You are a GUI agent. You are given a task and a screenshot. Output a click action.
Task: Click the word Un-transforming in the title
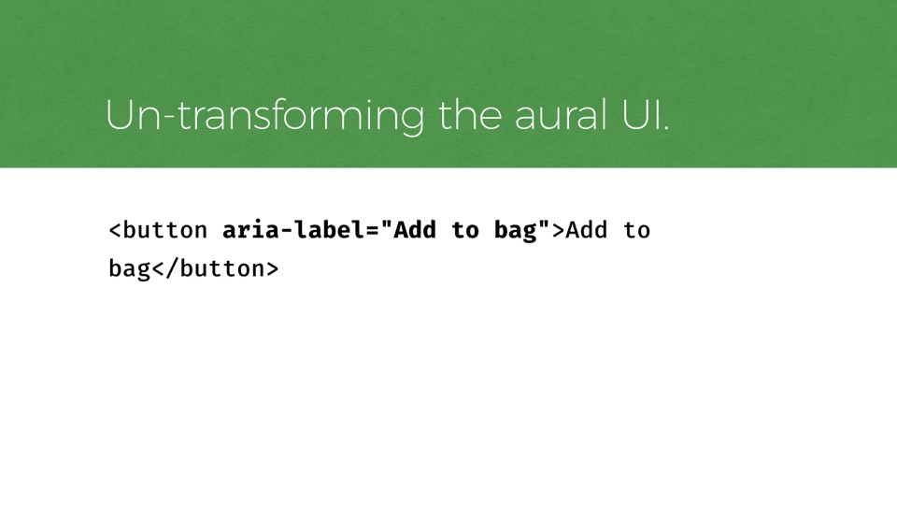point(264,116)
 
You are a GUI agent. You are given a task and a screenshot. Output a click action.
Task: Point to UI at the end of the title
point(641,115)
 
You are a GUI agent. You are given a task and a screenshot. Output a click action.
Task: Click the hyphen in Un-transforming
point(166,119)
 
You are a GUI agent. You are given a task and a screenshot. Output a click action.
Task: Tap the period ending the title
point(665,128)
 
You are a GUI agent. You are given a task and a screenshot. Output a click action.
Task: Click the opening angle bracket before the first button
point(115,231)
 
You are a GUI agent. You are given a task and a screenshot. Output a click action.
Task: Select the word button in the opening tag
point(164,230)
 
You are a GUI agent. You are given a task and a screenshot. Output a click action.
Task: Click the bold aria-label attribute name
point(292,230)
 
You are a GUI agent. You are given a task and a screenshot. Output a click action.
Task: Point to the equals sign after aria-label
point(372,231)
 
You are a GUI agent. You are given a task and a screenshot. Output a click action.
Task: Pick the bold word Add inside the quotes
point(415,230)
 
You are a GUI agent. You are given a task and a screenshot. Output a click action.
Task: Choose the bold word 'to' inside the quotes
point(465,231)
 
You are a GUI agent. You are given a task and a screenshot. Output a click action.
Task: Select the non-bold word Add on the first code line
point(587,230)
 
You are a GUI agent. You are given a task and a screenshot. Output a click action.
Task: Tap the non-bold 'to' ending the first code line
point(636,231)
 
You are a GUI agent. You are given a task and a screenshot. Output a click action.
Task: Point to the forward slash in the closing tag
point(172,269)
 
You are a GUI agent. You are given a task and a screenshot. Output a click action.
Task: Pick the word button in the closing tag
point(222,268)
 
